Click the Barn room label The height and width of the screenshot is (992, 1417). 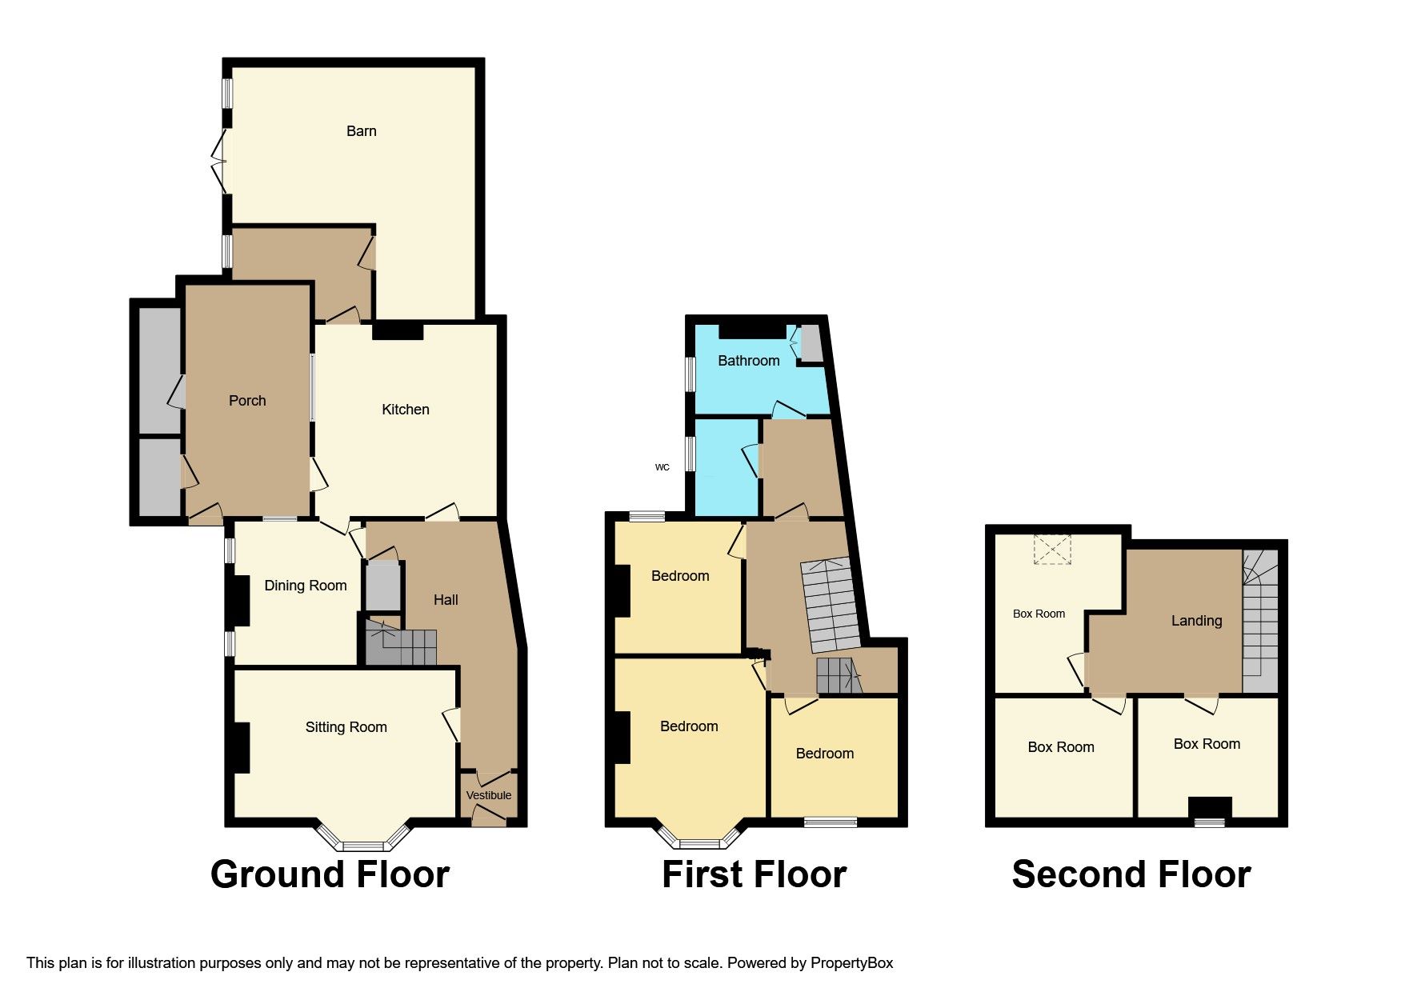coord(361,131)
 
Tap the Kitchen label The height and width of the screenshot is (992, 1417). coord(406,410)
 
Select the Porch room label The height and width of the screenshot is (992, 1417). coord(247,401)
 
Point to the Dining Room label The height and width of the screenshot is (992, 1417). coord(306,586)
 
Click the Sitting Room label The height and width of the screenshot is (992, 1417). coord(346,727)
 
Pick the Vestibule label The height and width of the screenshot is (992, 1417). coord(489,795)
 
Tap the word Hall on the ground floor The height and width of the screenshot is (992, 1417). coord(446,600)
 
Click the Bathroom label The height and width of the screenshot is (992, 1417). coord(749,361)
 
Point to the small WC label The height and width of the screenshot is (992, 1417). coord(662,467)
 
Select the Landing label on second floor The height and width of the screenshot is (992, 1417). coord(1197,621)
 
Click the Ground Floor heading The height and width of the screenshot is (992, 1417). coord(330,874)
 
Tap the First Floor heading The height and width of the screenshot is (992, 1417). coord(755,874)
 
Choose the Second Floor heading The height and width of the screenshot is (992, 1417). coord(1131,874)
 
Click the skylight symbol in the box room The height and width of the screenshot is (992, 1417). coord(1052,550)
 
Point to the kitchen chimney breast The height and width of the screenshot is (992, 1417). coord(398,331)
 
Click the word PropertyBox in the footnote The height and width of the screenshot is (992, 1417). coord(851,963)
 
